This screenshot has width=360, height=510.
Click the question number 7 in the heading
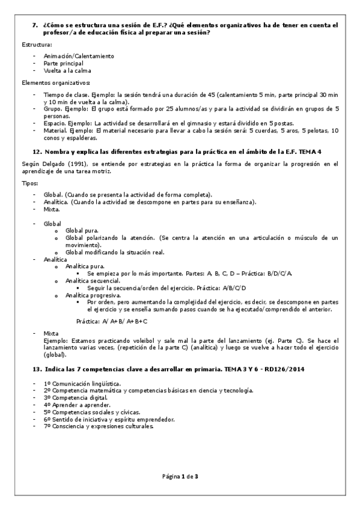(34, 25)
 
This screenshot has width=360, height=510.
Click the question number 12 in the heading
(36, 152)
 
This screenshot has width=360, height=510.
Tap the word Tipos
(29, 183)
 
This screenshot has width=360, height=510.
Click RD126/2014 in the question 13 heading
(291, 367)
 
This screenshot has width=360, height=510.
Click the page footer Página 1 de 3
(180, 476)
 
